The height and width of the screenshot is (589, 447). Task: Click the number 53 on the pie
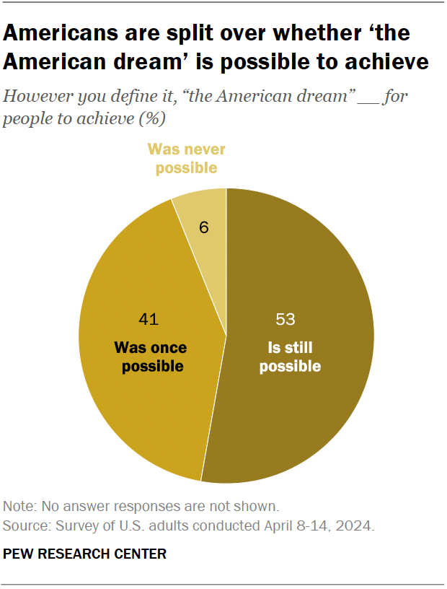pos(286,319)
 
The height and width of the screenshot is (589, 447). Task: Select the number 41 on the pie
pos(149,319)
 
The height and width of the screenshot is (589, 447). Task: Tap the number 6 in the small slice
pos(204,227)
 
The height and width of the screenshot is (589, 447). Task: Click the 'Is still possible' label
pos(290,357)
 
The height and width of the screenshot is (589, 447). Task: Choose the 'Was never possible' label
pos(187,159)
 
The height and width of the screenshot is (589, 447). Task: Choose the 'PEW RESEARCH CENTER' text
pos(85,554)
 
